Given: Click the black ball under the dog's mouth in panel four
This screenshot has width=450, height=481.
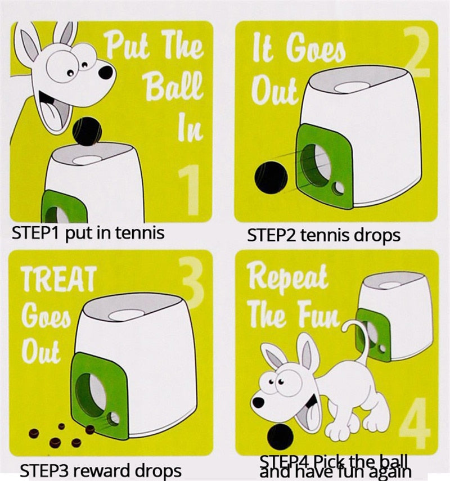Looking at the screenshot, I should (280, 437).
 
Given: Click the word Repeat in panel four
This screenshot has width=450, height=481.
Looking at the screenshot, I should (287, 277).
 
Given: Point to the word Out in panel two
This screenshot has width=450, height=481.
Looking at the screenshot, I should (274, 89).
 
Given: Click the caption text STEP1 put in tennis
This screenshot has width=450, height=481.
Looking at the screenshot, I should (88, 232).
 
